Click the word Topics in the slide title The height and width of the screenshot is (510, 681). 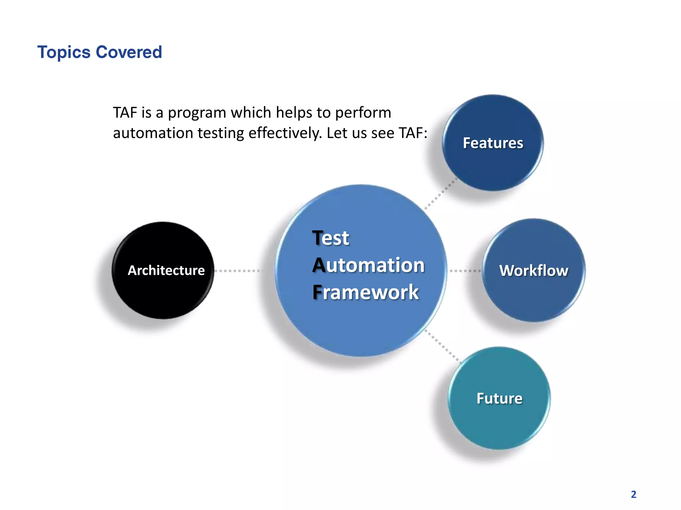pos(64,52)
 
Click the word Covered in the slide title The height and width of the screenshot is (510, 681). pos(129,52)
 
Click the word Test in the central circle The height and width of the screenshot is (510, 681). pos(331,238)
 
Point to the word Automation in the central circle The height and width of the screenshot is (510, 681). pos(368,265)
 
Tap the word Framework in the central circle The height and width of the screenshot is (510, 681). pos(365,293)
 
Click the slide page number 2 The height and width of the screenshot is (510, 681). pos(633,494)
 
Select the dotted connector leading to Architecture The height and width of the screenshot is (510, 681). pos(238,271)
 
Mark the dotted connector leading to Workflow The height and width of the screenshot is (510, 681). pos(465,271)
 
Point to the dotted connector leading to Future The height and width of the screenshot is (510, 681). pos(443,346)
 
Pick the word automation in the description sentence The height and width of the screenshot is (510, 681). pos(153,133)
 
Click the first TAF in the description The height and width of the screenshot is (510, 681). pos(125,113)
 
